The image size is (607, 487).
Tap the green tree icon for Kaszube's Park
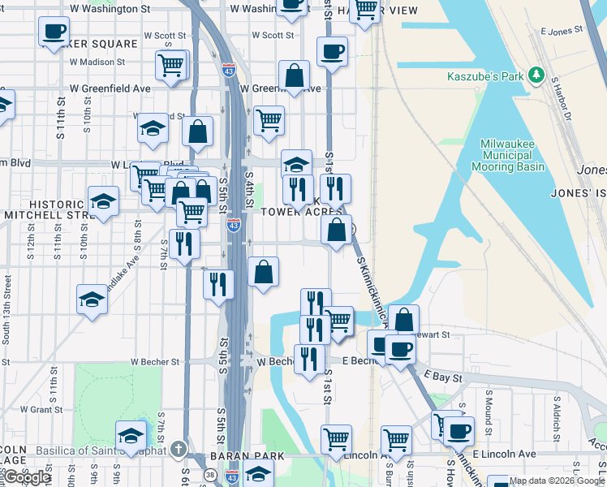536,75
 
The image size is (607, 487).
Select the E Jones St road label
562,31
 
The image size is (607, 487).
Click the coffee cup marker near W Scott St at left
54,32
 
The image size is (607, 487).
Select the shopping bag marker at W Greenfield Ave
294,77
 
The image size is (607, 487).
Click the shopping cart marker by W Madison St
171,65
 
